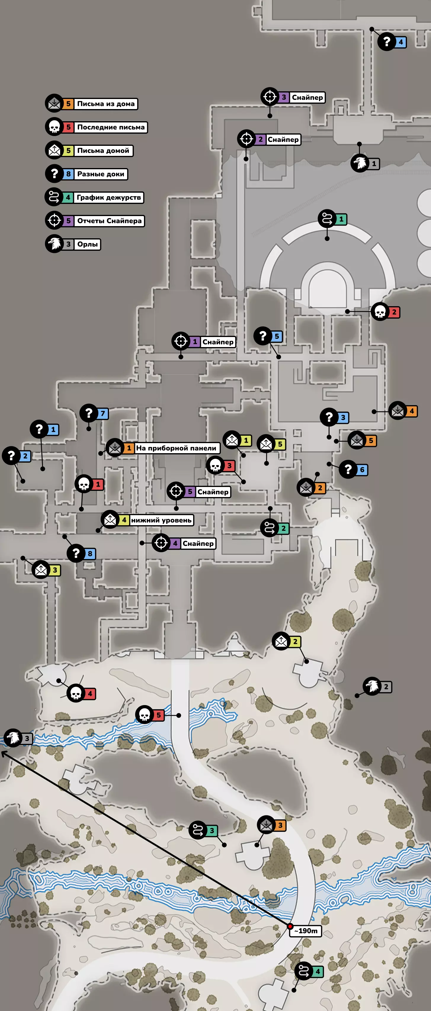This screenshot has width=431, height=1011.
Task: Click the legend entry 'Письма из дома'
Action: pos(105,104)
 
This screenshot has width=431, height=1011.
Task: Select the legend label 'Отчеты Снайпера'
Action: pos(109,221)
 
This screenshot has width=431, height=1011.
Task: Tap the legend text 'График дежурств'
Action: pos(109,197)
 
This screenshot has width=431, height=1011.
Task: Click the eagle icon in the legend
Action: pos(55,244)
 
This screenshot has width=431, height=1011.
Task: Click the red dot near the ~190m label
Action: pos(290,926)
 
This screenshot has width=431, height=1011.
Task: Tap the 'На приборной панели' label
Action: pos(176,448)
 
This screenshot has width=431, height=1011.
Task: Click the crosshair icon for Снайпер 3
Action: pos(270,97)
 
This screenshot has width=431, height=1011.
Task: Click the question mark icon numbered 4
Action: pos(387,41)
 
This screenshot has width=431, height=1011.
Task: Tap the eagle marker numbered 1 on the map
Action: pos(360,163)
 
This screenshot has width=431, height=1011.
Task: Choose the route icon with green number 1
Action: pos(327,219)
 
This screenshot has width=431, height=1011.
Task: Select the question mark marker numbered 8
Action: pos(76,553)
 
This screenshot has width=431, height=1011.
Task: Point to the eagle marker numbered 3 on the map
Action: pos(13,738)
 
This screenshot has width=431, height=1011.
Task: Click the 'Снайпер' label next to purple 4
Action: pos(198,544)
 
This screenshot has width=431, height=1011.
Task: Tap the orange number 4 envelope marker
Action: pos(398,411)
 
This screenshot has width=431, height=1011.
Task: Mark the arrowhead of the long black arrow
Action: pos(2,752)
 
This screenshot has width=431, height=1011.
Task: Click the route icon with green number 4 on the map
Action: pos(304,971)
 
